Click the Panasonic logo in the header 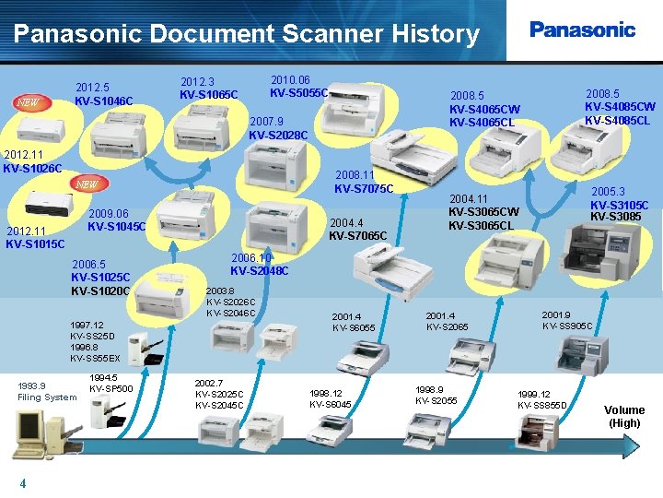pos(582,30)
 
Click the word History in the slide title pos(432,35)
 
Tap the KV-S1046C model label pos(104,101)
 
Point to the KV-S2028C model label pos(278,135)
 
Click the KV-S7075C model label pos(364,189)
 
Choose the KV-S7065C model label pos(358,236)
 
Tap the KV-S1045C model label pos(117,226)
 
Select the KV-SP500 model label pos(111,388)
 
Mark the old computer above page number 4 pos(31,433)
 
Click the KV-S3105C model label pos(620,205)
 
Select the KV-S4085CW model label pos(620,106)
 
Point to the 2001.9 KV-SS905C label pos(566,320)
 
